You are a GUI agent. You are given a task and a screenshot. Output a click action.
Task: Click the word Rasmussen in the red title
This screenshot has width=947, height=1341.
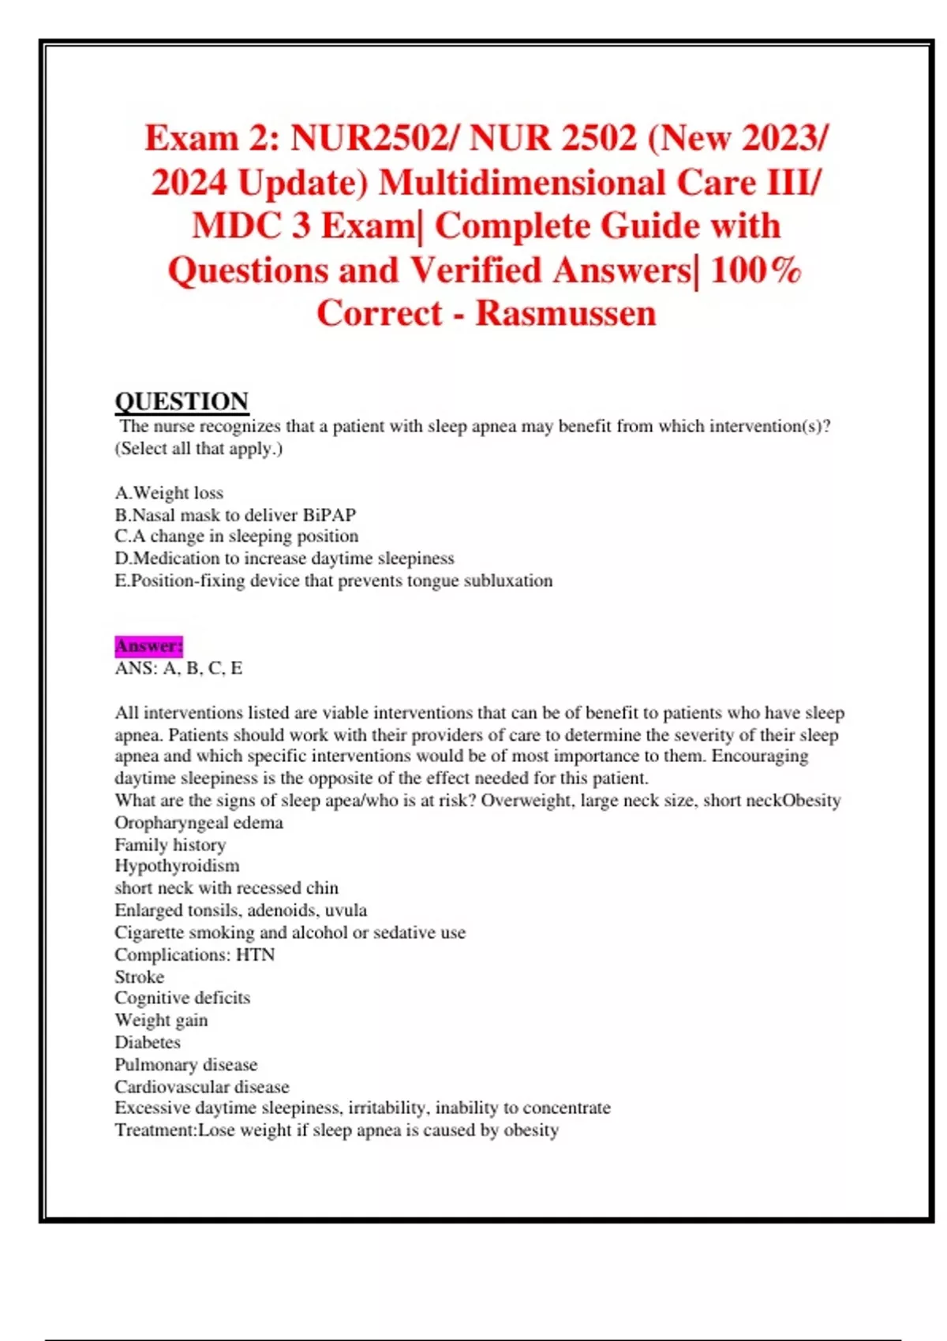coord(565,313)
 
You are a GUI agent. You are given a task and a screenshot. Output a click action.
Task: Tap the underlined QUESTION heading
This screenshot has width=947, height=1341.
coord(182,402)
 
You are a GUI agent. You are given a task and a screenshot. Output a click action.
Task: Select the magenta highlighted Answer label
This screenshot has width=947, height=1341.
coord(148,646)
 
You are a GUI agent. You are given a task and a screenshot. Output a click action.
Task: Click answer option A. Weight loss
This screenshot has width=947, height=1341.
coord(169,493)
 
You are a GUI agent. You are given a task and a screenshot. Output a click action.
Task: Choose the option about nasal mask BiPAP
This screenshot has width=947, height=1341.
coord(235,515)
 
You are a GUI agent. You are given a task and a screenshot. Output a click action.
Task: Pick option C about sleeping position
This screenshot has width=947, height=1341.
coord(237,536)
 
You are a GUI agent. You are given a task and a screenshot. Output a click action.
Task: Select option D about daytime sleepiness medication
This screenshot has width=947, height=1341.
coord(284,558)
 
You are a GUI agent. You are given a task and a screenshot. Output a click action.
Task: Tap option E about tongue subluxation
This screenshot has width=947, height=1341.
coord(333,581)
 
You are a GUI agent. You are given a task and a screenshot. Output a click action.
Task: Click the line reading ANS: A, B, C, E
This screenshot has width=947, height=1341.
coord(178,668)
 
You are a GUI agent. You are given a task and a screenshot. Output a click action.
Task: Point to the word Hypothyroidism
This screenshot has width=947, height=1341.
coord(177,865)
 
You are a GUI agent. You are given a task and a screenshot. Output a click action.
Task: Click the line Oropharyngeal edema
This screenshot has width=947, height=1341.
coord(199,823)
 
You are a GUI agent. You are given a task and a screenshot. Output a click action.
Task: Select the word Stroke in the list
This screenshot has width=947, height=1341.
coord(139,977)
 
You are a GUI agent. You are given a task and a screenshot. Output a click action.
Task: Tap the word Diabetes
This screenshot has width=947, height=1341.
coord(148,1042)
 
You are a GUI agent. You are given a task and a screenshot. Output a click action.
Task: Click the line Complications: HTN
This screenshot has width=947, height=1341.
coord(195,954)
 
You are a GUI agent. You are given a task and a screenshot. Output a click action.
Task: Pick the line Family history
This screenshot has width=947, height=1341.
coord(170,845)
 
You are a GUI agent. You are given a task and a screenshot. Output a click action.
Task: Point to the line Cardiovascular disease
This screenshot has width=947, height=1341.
coord(202,1086)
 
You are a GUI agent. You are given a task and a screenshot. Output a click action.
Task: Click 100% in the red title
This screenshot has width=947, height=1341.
coord(755,271)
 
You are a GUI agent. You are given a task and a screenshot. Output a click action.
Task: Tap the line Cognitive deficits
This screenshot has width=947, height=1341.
coord(182,998)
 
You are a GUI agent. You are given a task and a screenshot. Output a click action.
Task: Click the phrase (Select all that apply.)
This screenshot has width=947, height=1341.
coord(199,449)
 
